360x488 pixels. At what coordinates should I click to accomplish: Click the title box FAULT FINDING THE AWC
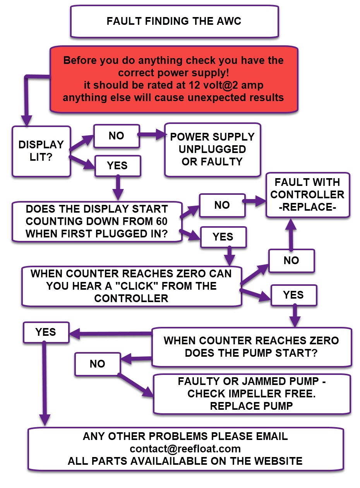point(174,21)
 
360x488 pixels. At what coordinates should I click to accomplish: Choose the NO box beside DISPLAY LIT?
point(116,136)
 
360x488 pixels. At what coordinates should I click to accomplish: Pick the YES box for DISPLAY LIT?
point(117,165)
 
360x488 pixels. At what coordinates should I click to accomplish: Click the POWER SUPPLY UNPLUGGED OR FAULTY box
point(213,149)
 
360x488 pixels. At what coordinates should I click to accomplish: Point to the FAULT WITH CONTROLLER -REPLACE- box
point(308,194)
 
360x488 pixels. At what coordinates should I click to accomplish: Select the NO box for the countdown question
point(222,205)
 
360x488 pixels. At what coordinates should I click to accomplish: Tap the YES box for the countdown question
point(223,237)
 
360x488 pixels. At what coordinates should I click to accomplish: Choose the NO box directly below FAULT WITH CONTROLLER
point(291,261)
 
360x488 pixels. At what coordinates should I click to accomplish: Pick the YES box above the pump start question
point(293,295)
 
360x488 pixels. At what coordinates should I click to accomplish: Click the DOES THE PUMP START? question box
point(251,347)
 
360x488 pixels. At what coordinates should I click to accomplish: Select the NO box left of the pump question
point(98,364)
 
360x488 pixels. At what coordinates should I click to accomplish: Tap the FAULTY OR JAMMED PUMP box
point(252,393)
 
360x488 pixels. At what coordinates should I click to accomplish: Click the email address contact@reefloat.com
point(185,449)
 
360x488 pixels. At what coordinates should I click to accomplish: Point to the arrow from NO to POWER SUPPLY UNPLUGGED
point(151,136)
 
